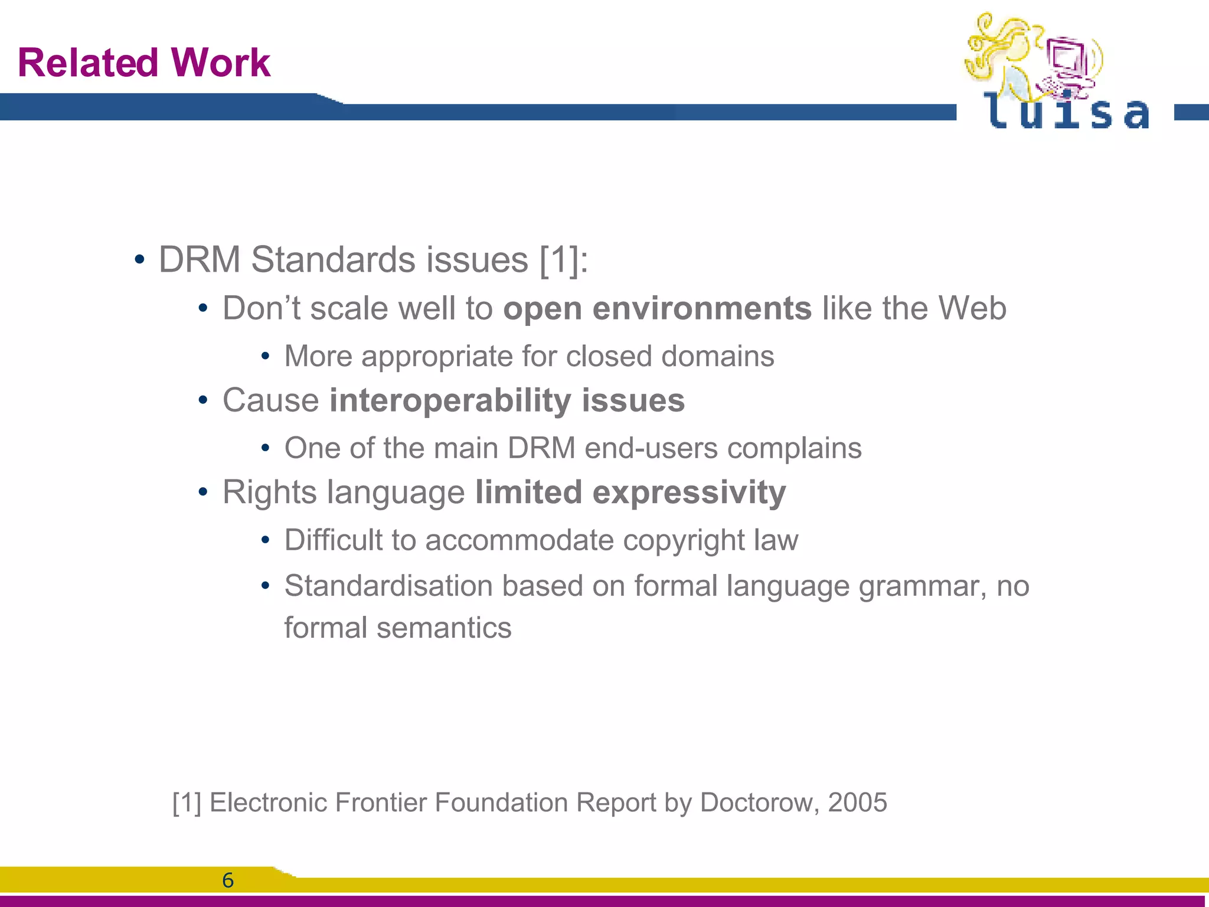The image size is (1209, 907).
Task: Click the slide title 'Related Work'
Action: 144,63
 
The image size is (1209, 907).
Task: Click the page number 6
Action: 228,880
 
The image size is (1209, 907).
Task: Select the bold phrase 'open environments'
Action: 657,308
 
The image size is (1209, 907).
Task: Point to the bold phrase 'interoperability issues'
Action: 507,400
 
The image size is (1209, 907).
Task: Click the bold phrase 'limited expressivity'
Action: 630,492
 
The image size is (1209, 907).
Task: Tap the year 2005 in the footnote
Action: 857,802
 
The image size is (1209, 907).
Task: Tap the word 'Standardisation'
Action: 388,586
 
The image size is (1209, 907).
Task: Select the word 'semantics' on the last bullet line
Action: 444,628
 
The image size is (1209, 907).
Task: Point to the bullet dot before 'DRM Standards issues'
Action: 139,260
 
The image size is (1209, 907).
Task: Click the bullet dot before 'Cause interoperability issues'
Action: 203,401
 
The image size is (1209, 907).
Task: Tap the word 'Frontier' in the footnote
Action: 381,802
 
